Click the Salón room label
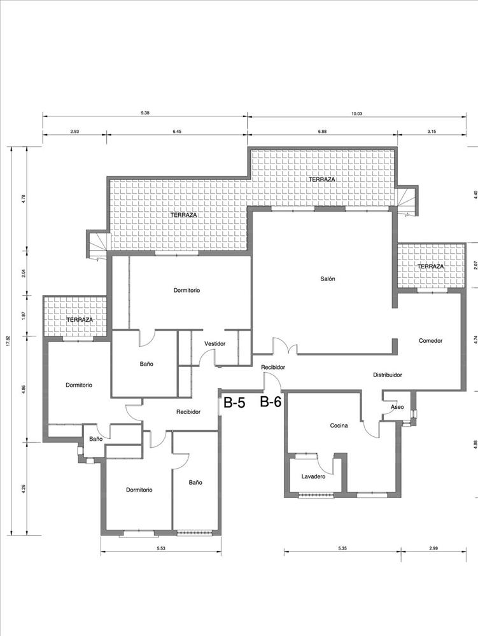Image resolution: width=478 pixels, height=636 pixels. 327,279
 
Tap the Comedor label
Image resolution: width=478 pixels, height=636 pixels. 430,341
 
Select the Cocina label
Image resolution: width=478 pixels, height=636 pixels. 339,425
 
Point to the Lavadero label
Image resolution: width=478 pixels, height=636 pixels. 313,476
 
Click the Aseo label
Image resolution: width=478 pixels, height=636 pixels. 397,407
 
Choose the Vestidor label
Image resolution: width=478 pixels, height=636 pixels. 214,343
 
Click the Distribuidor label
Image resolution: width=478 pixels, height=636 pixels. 388,375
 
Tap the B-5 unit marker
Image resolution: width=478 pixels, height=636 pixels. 234,403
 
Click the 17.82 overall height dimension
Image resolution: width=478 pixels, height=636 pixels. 7,341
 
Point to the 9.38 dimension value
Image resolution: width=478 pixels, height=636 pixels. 145,113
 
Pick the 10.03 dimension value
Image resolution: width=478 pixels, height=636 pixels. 356,114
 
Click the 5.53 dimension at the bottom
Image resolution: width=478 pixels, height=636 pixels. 161,548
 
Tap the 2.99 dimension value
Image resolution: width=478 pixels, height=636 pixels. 433,548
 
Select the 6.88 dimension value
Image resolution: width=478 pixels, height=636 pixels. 322,132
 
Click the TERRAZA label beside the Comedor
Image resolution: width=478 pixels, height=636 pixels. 430,266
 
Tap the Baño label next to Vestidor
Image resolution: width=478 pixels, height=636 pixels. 146,364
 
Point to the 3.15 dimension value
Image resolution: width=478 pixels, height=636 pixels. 432,132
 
